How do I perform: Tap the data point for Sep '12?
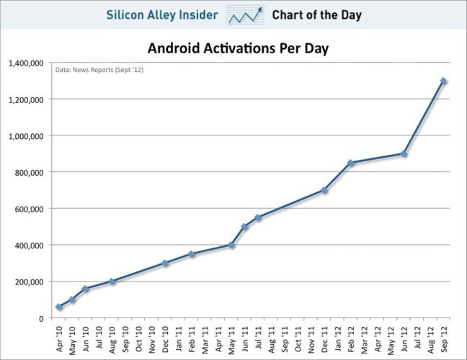pos(443,81)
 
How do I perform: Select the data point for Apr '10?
pos(59,307)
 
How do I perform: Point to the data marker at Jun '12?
pos(404,153)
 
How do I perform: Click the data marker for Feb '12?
pos(351,163)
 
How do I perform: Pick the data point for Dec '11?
pos(324,190)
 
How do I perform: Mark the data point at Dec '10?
pos(165,264)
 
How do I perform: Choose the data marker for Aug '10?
pos(112,282)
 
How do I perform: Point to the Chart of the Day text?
pos(316,14)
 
